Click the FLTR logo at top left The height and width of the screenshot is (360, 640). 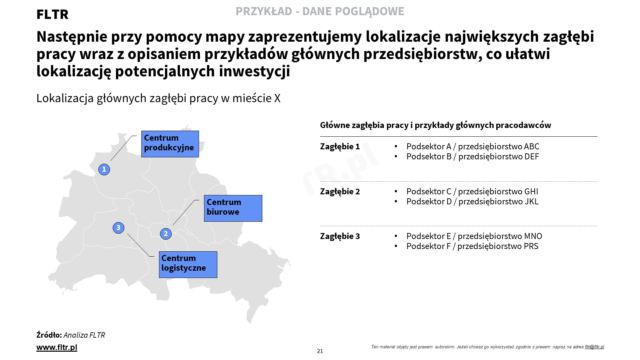pyautogui.click(x=52, y=14)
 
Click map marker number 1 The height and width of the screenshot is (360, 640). pyautogui.click(x=104, y=169)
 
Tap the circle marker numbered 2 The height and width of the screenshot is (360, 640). pyautogui.click(x=166, y=234)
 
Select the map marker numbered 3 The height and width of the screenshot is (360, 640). pyautogui.click(x=118, y=228)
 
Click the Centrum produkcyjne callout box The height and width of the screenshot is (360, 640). pyautogui.click(x=170, y=144)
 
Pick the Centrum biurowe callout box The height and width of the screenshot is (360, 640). pyautogui.click(x=233, y=208)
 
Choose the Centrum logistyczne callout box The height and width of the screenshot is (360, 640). pyautogui.click(x=188, y=265)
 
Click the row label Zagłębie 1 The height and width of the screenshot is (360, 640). pyautogui.click(x=340, y=147)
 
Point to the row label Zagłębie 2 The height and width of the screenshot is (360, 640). pyautogui.click(x=340, y=192)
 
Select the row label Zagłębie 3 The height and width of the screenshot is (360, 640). pyautogui.click(x=340, y=236)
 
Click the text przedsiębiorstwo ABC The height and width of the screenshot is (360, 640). pyautogui.click(x=499, y=147)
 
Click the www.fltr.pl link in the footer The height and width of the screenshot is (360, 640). pyautogui.click(x=57, y=347)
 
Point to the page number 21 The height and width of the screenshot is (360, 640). pyautogui.click(x=320, y=351)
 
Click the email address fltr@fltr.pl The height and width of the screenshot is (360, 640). pyautogui.click(x=594, y=347)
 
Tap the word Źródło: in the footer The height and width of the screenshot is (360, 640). pyautogui.click(x=49, y=335)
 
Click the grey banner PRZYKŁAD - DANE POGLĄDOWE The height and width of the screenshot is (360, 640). pyautogui.click(x=320, y=11)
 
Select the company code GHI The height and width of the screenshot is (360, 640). pyautogui.click(x=531, y=192)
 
